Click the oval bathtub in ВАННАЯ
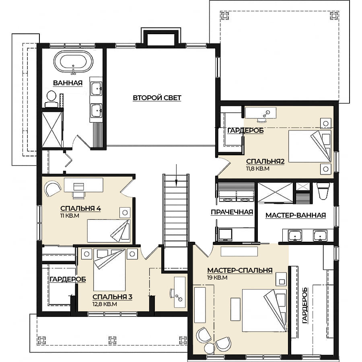73,62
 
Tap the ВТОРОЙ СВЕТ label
157,98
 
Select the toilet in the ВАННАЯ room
51,99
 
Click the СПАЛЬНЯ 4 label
80,208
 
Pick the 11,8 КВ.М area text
258,169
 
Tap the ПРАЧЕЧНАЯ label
232,212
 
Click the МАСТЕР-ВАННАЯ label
296,216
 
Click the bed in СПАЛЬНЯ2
310,146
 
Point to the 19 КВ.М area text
217,278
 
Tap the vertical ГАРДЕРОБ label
305,305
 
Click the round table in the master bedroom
210,348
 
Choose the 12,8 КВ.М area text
105,304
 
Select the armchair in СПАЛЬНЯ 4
53,189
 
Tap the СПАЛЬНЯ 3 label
113,297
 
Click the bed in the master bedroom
264,311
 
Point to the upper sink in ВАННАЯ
96,88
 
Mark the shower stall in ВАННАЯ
52,129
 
